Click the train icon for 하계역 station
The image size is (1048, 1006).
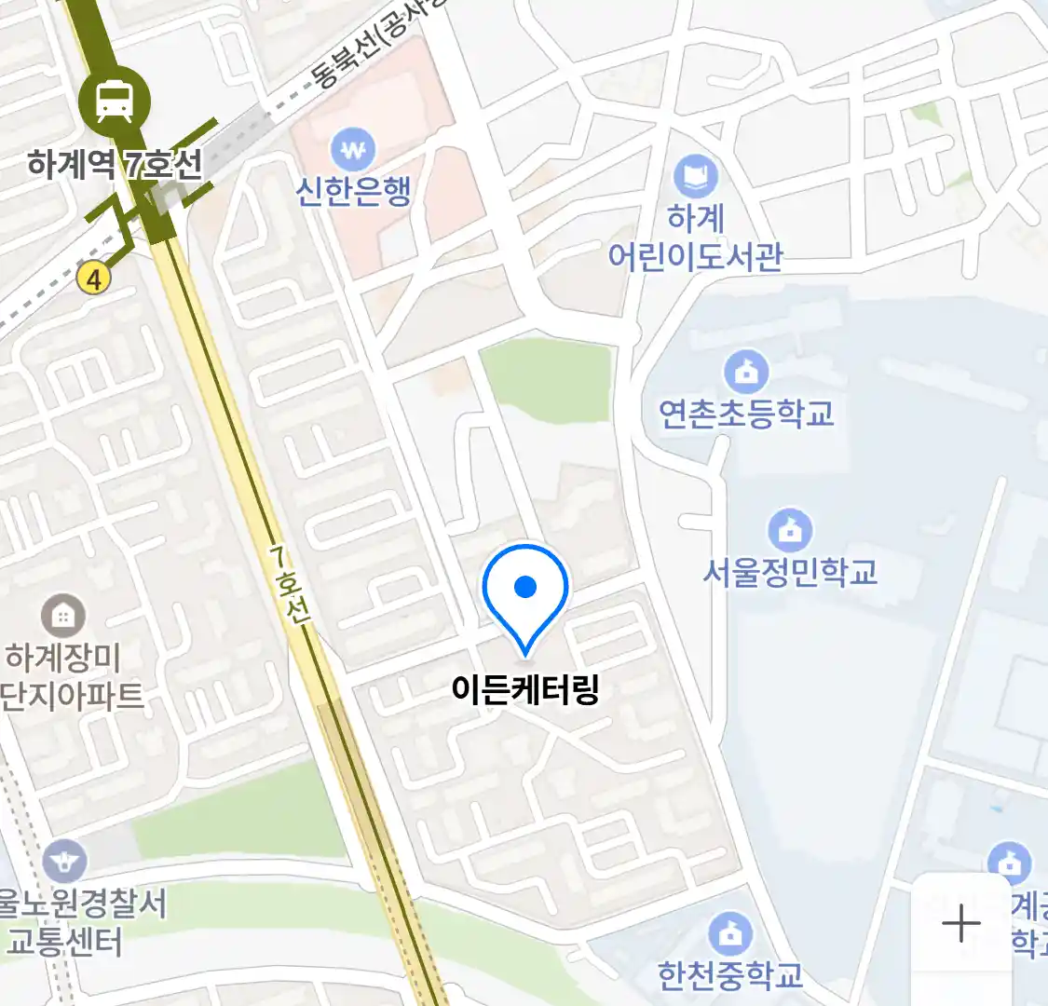[114, 101]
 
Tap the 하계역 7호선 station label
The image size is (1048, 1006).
[115, 165]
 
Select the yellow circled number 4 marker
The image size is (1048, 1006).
[93, 278]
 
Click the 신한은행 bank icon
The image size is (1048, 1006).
[353, 149]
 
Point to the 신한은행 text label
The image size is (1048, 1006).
[353, 191]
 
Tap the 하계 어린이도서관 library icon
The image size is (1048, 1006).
[695, 176]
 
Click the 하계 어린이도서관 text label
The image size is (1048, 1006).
[695, 237]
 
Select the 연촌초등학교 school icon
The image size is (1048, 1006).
[746, 373]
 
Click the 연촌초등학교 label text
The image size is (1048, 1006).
[746, 414]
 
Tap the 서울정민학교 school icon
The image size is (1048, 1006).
[790, 531]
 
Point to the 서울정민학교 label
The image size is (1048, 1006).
[790, 571]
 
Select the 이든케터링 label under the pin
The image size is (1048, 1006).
[525, 689]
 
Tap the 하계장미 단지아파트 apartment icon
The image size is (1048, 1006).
[63, 616]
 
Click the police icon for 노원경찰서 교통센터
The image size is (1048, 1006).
[64, 862]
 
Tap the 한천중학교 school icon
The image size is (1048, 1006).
[730, 932]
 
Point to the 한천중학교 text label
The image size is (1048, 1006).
[730, 974]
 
